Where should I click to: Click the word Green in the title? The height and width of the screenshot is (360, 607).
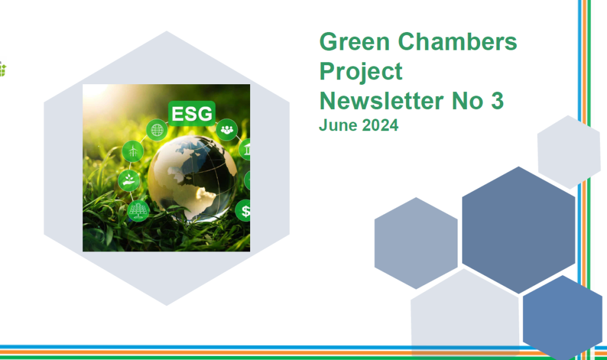[354, 42]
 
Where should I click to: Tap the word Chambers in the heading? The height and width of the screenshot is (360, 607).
[458, 42]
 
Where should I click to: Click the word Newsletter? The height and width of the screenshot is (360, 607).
[381, 101]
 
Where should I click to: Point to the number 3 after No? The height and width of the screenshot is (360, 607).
[497, 101]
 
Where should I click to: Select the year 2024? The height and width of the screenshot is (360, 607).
[380, 125]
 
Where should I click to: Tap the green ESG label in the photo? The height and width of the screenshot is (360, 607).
[191, 113]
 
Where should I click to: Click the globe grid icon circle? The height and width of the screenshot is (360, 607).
[156, 130]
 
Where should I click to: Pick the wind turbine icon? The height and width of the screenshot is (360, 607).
[133, 151]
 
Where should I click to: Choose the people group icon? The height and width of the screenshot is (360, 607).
[226, 130]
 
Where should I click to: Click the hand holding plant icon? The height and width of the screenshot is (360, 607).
[129, 180]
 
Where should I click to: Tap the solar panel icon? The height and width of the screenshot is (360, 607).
[138, 211]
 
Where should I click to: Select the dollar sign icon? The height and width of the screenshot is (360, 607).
[243, 211]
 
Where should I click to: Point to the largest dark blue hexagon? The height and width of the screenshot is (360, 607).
[518, 230]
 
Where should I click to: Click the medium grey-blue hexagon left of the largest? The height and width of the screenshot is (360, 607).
[416, 243]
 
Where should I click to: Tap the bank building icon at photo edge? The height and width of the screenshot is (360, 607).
[245, 149]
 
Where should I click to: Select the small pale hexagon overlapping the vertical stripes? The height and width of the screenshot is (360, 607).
[568, 152]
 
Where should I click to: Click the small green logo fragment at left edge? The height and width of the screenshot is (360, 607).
[2, 69]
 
